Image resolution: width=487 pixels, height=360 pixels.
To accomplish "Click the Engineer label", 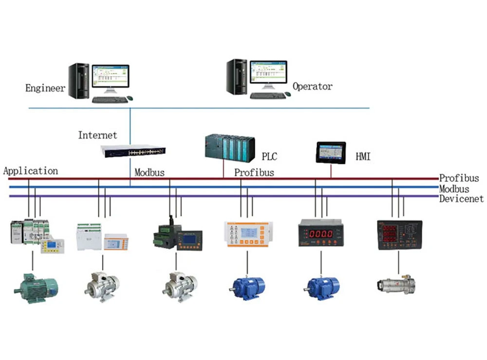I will (45, 88).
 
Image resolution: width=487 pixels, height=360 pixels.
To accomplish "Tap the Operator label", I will (312, 87).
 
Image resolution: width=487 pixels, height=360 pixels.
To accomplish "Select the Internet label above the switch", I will (97, 135).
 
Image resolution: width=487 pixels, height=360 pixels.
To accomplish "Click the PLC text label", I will (269, 156).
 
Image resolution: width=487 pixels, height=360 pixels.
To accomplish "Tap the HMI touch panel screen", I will (331, 153).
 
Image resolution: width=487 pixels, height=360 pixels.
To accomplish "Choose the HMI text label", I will (363, 156).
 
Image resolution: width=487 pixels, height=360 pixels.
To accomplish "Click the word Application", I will (30, 171).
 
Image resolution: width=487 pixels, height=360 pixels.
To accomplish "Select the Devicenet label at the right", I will (461, 199).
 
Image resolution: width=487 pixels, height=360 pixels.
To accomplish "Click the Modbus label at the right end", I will (454, 189).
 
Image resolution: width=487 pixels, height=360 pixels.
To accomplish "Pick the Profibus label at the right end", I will (459, 178).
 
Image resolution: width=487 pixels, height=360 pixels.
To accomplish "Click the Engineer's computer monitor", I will (111, 76).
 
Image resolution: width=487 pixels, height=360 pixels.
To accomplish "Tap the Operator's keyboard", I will (268, 96).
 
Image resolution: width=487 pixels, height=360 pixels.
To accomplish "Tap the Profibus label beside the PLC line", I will (254, 172).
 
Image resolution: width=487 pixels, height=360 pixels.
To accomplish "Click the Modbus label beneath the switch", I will (150, 172).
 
